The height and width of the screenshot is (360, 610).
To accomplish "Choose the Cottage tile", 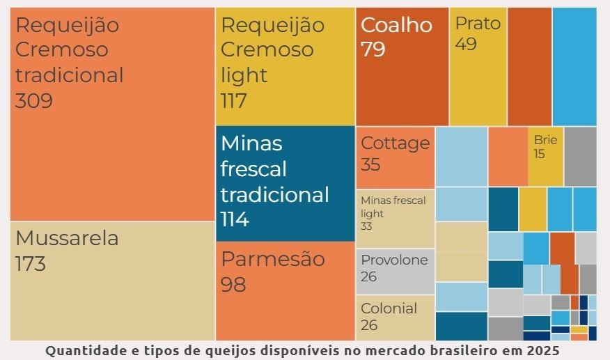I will [395, 157].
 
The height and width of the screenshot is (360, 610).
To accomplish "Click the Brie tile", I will [545, 157].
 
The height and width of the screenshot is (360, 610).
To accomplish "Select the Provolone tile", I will [395, 271].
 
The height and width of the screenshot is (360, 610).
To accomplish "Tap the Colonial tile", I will [395, 318].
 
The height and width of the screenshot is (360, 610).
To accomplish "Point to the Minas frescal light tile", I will [395, 218].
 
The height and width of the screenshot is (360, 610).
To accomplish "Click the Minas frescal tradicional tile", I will [285, 183].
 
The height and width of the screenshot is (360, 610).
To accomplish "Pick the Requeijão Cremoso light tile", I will [285, 66].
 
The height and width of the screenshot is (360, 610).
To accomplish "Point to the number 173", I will [31, 265].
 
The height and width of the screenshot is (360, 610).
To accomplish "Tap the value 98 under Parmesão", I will [233, 285].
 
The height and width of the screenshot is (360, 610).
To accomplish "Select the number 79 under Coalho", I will [373, 50].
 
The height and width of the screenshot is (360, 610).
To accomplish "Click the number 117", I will [234, 101].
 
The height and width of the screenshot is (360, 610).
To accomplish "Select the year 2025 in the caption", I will [542, 351].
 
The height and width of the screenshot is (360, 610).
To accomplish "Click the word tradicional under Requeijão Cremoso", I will [70, 75].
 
